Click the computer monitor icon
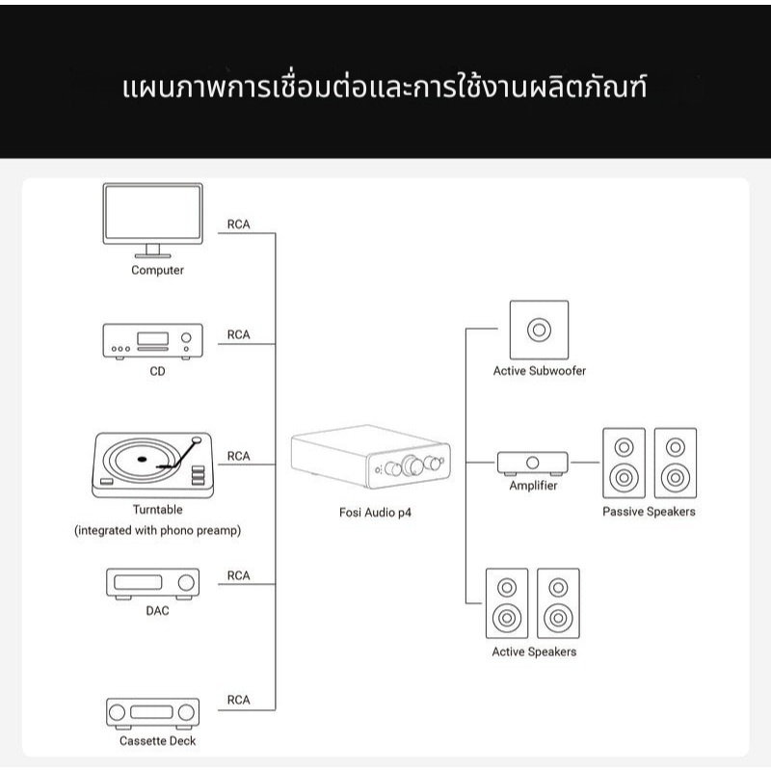[153, 220]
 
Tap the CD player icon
[153, 341]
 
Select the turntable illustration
[153, 465]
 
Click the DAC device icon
[153, 584]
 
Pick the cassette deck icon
[153, 713]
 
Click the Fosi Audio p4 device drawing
[371, 457]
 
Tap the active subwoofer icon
[540, 330]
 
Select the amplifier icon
[533, 464]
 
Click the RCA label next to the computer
[238, 225]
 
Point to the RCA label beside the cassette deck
[238, 700]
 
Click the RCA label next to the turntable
[238, 456]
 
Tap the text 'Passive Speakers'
[649, 512]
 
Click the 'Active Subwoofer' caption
[540, 371]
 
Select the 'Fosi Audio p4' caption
[375, 513]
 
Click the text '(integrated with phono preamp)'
[158, 531]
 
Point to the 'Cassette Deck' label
[158, 741]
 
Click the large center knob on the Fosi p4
[412, 465]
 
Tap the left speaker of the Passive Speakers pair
[624, 464]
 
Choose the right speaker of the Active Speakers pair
[558, 603]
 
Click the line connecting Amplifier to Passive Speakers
[585, 463]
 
